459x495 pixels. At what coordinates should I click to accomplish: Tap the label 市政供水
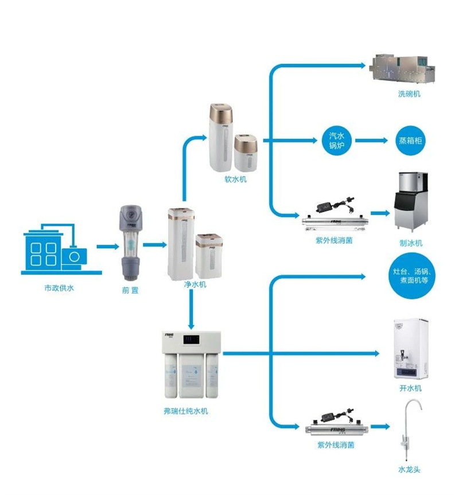[x=59, y=289]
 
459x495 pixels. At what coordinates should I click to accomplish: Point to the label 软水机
[x=235, y=180]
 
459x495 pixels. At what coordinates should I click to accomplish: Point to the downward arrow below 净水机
[x=191, y=313]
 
